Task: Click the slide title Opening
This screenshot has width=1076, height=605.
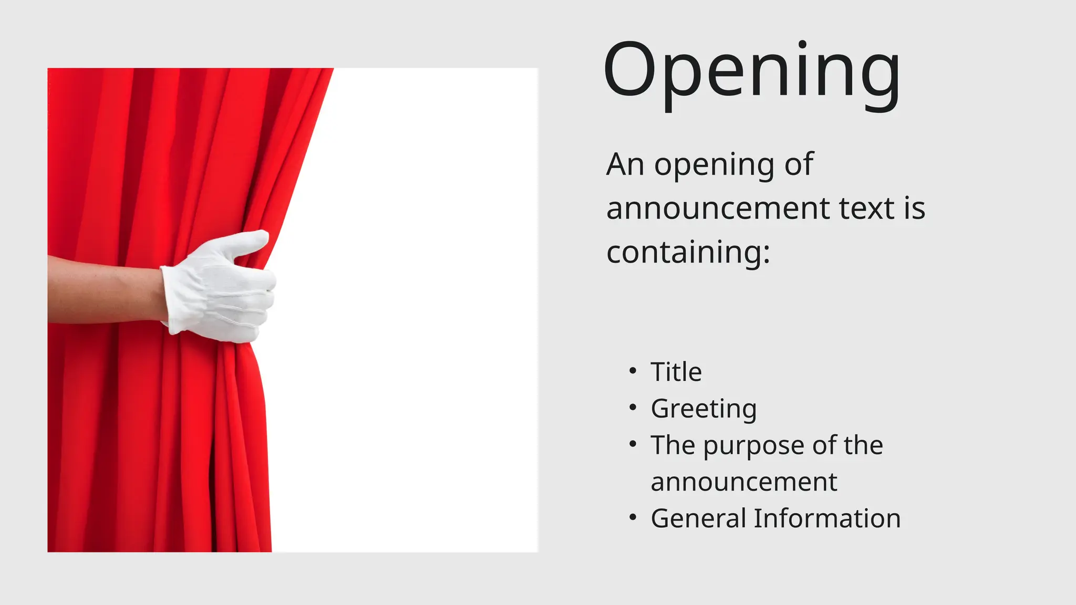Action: (751, 71)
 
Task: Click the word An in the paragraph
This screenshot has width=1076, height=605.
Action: (625, 164)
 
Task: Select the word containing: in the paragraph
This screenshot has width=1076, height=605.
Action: (688, 252)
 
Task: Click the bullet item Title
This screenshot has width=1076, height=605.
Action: (676, 372)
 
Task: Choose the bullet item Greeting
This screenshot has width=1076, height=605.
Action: (703, 409)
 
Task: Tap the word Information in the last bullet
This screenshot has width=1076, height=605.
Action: (827, 518)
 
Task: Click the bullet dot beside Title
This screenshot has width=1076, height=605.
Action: (633, 371)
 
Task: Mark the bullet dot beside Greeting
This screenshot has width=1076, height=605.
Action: (633, 408)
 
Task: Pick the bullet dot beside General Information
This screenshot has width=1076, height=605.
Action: (633, 518)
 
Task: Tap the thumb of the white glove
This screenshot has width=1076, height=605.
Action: (247, 243)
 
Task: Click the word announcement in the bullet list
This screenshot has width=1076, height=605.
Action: (743, 482)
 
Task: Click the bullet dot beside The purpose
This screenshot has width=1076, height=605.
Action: (633, 444)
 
